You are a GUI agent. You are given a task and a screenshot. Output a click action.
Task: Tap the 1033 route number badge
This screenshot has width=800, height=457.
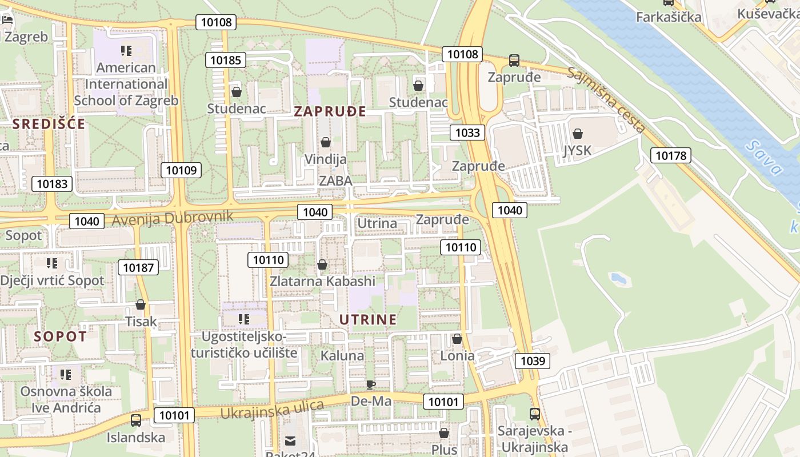point(467,133)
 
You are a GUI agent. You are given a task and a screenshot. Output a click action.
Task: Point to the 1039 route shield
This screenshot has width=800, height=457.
point(532,360)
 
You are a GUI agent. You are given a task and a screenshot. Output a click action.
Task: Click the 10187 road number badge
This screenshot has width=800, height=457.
point(138,267)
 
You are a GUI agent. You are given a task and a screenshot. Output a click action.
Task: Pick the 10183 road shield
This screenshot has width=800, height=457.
point(52,183)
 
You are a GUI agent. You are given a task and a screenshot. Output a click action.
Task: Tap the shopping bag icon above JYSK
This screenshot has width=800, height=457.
point(578,134)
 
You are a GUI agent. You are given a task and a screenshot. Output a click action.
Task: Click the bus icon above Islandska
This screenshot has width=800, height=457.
point(136,420)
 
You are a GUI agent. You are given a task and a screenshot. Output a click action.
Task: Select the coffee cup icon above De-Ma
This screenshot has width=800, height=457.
point(370,384)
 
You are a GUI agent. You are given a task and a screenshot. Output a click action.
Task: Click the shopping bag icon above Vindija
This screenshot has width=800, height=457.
point(326,142)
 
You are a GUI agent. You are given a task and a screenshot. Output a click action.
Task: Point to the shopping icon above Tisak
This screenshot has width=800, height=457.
point(141,304)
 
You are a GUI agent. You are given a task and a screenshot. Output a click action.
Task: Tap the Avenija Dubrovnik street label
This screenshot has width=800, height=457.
point(173,218)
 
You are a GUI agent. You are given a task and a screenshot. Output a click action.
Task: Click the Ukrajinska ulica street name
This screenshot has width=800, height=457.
point(272,409)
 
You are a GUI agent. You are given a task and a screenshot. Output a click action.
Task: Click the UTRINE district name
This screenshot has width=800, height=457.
point(368,319)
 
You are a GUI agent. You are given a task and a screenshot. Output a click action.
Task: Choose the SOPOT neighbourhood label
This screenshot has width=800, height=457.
point(60,336)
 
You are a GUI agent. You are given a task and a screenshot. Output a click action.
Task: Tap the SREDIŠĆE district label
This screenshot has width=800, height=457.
point(49,124)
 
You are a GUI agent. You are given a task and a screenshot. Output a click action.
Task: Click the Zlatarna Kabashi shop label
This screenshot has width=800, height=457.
point(322,281)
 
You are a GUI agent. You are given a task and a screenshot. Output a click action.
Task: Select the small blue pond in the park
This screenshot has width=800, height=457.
point(619,279)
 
